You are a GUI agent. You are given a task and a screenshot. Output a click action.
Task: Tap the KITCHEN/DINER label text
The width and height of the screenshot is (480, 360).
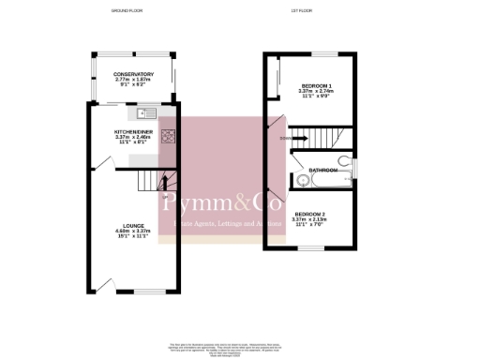click(134, 132)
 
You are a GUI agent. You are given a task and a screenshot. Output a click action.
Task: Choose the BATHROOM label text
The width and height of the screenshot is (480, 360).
click(324, 170)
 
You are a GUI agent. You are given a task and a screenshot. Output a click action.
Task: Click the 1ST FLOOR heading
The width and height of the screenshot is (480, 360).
click(302, 11)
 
